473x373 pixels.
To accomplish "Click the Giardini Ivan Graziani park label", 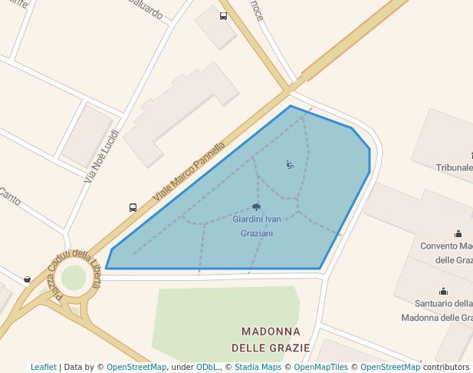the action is [256, 226].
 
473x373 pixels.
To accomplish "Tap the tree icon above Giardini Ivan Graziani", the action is [256, 207].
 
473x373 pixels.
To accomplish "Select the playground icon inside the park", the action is [290, 163].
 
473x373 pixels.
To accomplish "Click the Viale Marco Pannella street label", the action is [189, 171].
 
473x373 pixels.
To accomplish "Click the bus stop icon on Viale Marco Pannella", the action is [133, 207].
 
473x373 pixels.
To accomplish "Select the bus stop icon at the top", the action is [223, 16].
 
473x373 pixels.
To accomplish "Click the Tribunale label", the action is [454, 167].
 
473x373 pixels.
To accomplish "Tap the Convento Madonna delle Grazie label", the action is [446, 253].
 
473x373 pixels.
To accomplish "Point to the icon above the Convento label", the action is [458, 233].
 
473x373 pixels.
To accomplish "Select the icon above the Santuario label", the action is [443, 291].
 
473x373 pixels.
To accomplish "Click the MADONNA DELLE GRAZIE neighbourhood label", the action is [275, 339].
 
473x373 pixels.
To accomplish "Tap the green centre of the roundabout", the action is [74, 278].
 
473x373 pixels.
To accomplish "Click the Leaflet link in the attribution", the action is [43, 367].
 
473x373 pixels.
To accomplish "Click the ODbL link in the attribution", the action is [208, 367].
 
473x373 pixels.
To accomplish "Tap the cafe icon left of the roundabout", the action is [28, 279].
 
